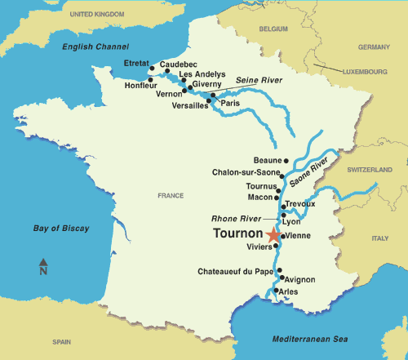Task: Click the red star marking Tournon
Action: point(273,236)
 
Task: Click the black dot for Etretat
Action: point(152,70)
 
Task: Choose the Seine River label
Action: point(259,79)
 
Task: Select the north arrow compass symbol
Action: point(43,266)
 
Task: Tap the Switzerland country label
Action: point(370,168)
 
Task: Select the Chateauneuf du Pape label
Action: point(234,270)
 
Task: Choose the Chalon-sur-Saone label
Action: point(244,173)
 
